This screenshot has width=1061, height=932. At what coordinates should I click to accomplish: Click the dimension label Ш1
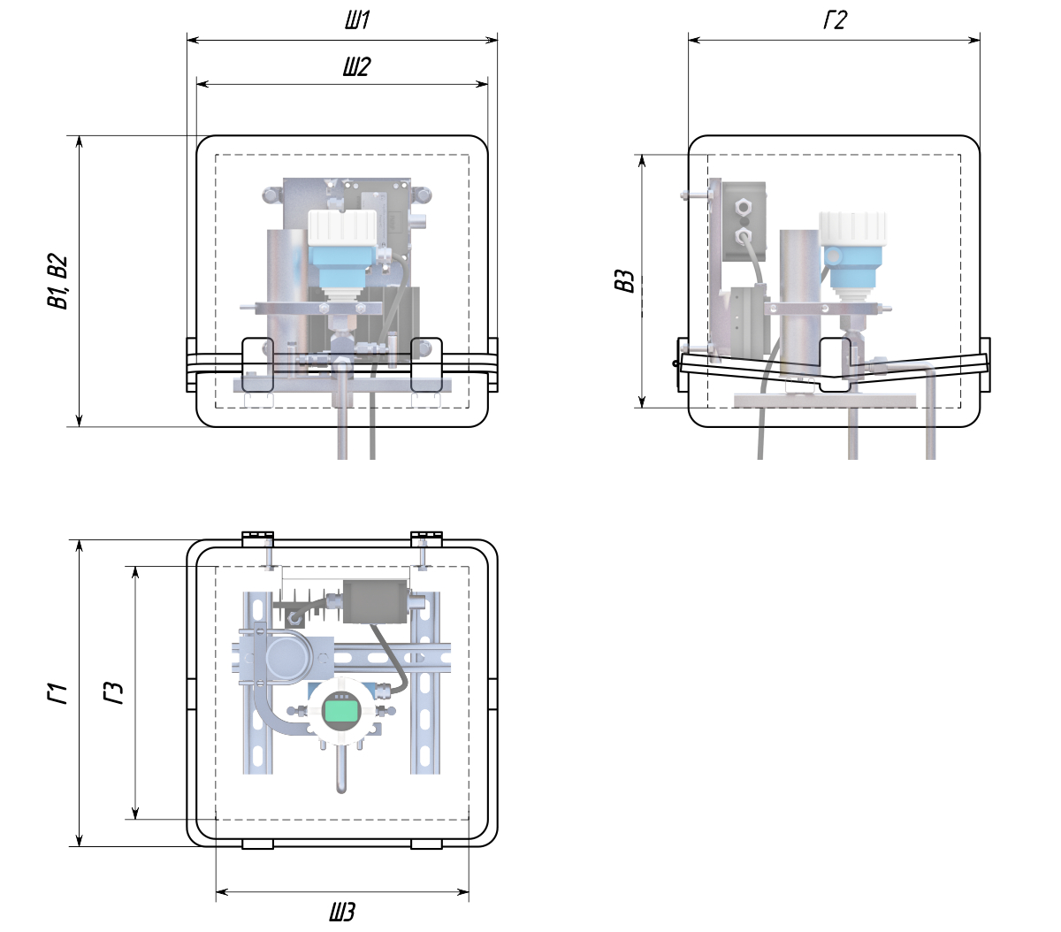click(x=357, y=20)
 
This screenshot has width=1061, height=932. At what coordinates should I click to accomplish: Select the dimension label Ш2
click(x=356, y=66)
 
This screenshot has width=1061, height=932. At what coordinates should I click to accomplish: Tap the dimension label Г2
click(x=835, y=20)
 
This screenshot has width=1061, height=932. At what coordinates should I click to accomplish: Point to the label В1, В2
click(x=57, y=281)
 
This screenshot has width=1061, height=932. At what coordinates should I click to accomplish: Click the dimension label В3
click(x=624, y=281)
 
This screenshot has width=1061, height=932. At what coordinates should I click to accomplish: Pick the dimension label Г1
click(x=57, y=693)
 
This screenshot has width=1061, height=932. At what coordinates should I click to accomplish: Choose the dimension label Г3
click(x=113, y=692)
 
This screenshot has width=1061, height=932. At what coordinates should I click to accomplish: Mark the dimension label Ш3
click(x=342, y=912)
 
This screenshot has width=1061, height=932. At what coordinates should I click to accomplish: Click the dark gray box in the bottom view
click(x=375, y=601)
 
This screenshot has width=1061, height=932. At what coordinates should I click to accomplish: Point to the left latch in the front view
click(x=257, y=364)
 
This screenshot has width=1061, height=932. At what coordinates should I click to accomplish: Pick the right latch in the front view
click(x=427, y=364)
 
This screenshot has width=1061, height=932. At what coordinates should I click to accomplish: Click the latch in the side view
click(x=835, y=364)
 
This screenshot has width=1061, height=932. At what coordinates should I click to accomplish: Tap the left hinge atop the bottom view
click(x=257, y=539)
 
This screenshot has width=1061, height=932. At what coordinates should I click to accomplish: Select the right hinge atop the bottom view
click(x=426, y=539)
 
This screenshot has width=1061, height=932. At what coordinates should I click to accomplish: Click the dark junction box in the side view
click(x=744, y=222)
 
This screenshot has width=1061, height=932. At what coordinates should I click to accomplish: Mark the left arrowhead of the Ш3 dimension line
click(x=222, y=891)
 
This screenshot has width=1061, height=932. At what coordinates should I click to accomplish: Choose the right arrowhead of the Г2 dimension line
click(x=974, y=40)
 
